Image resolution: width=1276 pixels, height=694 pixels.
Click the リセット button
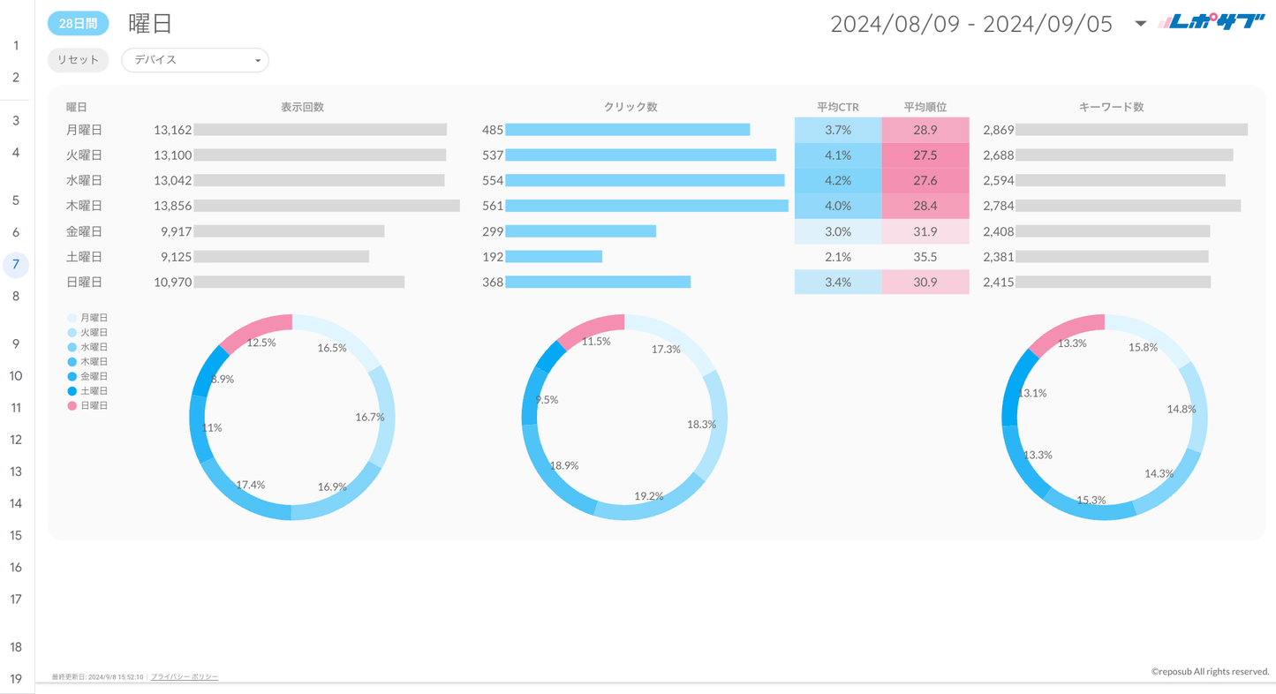(x=78, y=60)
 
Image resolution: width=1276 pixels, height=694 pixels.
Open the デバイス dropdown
(x=194, y=60)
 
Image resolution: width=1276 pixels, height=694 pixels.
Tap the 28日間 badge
(x=78, y=24)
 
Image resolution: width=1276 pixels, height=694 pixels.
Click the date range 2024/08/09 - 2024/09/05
(x=971, y=24)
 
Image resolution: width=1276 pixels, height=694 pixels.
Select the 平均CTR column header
(x=837, y=107)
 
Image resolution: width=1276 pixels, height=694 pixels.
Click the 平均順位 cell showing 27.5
(x=925, y=155)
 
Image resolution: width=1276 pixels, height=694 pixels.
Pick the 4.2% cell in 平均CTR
(x=837, y=180)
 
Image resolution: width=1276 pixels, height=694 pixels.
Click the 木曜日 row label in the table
(x=84, y=206)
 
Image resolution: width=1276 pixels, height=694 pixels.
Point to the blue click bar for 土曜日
(x=554, y=257)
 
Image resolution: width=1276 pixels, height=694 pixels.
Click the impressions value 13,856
(x=172, y=206)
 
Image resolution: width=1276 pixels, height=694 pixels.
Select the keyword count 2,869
(x=998, y=130)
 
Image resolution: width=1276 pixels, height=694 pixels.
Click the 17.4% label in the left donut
(x=251, y=485)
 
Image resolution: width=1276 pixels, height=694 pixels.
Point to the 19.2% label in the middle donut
(x=648, y=496)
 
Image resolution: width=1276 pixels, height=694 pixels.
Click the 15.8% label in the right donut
(x=1143, y=347)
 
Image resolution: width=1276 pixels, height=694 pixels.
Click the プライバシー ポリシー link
(x=185, y=676)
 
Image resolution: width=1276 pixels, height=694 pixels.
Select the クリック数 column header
(x=630, y=107)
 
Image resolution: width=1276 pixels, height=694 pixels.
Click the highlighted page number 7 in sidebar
(x=15, y=264)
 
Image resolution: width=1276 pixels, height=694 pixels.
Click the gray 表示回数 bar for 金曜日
(x=289, y=231)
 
